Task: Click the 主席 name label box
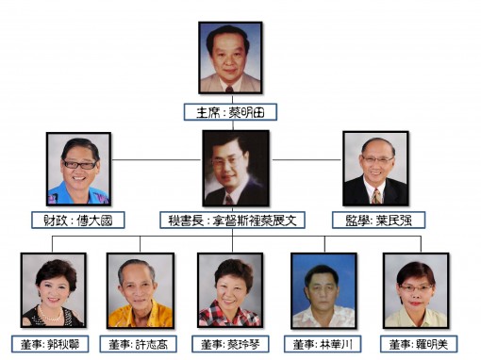(x=231, y=110)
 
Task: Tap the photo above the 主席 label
(x=230, y=57)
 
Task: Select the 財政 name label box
(x=78, y=220)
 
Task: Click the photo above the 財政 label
(x=78, y=169)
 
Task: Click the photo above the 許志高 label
(x=140, y=289)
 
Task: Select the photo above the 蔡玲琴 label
(x=230, y=289)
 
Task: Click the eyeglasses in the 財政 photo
(x=79, y=165)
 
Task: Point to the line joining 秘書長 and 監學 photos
(x=306, y=159)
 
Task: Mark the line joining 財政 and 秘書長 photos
(x=157, y=159)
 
